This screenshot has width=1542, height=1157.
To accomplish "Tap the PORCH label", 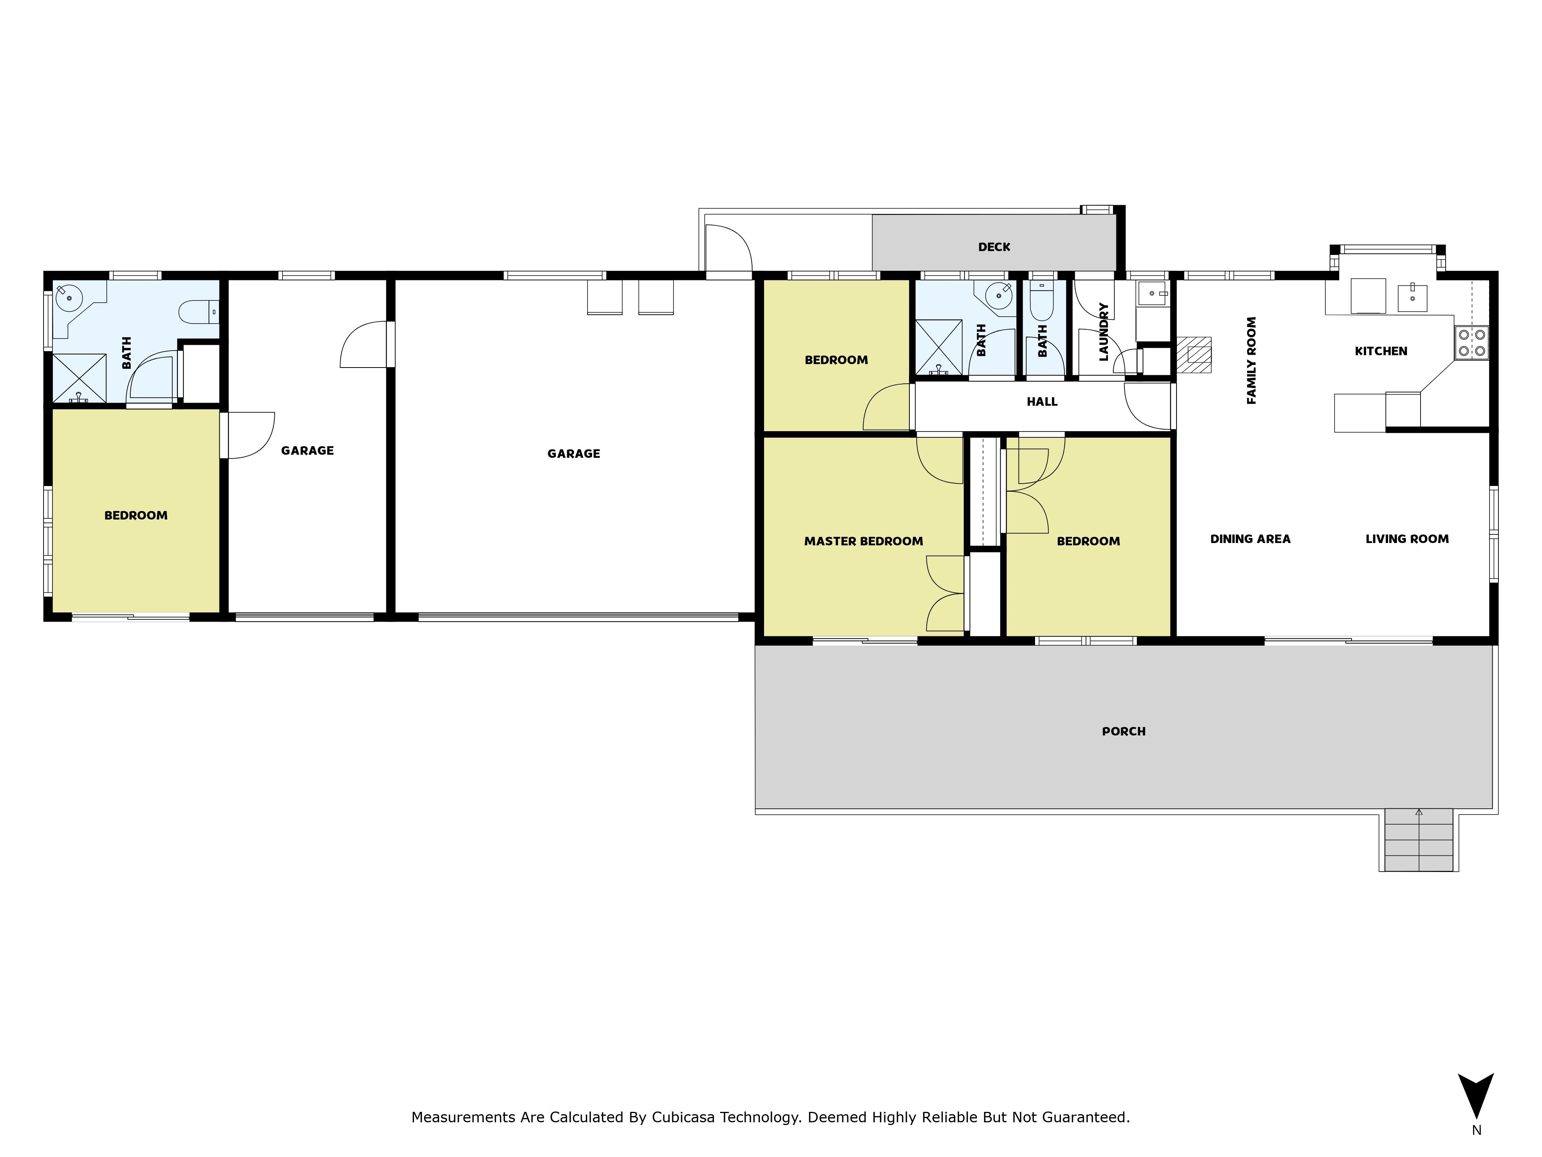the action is click(x=1124, y=732).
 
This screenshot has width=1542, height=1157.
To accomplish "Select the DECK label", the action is click(x=994, y=247).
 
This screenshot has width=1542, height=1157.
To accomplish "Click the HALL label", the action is click(x=1042, y=402).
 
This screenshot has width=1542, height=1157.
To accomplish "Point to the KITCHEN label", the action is click(x=1381, y=351).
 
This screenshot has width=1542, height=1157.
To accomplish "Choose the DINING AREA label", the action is click(x=1251, y=539).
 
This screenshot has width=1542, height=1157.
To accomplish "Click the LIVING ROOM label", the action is click(x=1407, y=539).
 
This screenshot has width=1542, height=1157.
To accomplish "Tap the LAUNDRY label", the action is click(x=1104, y=332).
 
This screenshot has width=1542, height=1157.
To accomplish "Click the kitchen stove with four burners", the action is click(x=1471, y=343).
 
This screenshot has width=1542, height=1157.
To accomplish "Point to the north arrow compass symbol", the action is click(x=1476, y=1096).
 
